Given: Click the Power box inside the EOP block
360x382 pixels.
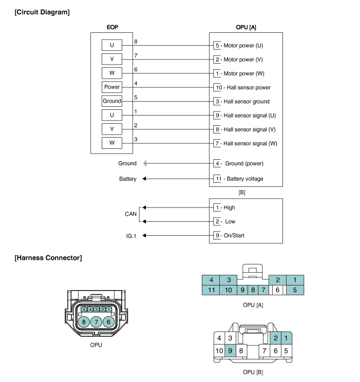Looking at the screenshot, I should (112, 87).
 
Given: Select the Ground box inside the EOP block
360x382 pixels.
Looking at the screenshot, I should (112, 101).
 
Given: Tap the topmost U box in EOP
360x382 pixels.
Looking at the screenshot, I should (112, 45).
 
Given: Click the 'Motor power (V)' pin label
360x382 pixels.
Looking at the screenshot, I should (247, 60).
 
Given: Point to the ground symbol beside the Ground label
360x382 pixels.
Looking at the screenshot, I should (145, 163).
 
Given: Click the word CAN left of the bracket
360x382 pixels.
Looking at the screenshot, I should (131, 214).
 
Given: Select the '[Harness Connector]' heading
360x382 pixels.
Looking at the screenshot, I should (48, 257).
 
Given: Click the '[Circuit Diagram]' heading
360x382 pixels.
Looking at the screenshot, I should (43, 11).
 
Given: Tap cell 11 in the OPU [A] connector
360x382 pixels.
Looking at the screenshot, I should (211, 290).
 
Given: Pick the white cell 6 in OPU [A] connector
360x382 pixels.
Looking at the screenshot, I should (277, 290).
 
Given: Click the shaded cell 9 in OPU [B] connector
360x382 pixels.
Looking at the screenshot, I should (231, 351).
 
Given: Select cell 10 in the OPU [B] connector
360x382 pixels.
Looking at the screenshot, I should (219, 351).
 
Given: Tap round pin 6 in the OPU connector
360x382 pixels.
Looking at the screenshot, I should (108, 322).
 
